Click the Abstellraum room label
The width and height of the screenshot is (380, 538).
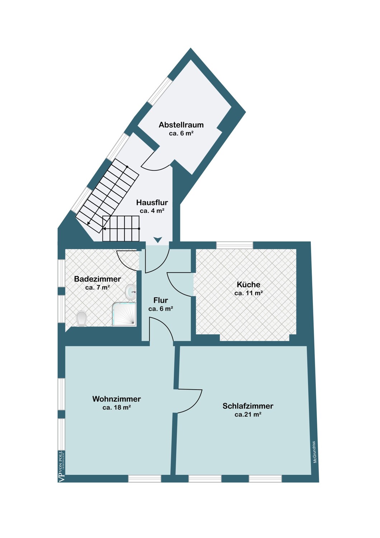click(x=181, y=125)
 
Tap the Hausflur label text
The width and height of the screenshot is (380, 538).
click(x=152, y=203)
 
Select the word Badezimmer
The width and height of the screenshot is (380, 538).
click(x=98, y=279)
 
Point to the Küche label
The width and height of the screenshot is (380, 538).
click(x=248, y=284)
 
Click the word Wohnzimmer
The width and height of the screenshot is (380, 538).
click(x=117, y=399)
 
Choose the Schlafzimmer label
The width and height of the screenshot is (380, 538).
click(x=248, y=406)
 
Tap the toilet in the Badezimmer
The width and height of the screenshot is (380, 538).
click(x=81, y=319)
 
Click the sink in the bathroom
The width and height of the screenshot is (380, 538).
click(x=130, y=292)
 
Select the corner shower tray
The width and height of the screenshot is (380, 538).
click(x=124, y=314)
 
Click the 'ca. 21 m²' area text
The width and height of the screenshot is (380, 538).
click(x=248, y=414)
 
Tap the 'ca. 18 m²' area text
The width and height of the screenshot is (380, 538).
click(x=117, y=407)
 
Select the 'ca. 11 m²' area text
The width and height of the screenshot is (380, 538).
click(x=248, y=293)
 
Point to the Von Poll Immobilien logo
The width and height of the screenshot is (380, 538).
click(x=62, y=466)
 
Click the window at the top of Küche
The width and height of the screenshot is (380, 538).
click(x=234, y=245)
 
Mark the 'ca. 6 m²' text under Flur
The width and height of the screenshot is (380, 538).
click(x=161, y=308)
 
